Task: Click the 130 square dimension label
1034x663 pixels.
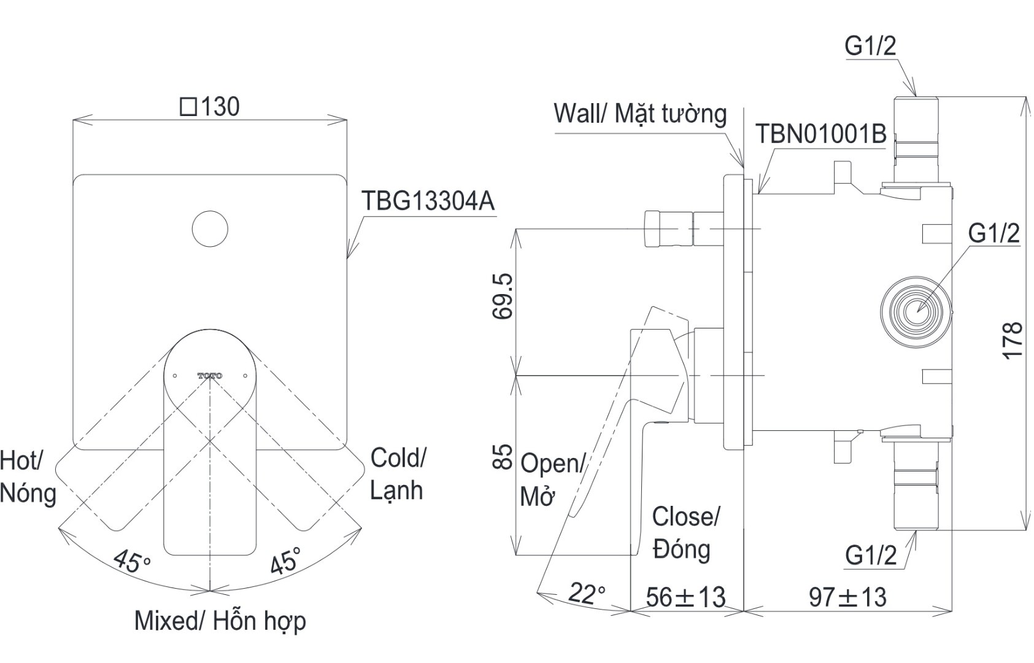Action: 210,107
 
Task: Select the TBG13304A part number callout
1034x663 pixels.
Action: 428,201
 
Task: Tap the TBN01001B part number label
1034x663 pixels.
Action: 820,134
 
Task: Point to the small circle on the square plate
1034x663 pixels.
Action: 210,229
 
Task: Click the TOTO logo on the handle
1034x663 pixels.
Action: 210,375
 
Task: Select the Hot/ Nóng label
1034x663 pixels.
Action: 28,476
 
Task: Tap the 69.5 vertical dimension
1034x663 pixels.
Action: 503,296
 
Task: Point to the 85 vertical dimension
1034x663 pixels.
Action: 503,457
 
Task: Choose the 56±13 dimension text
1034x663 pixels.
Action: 685,596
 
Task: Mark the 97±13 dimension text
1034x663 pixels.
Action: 847,596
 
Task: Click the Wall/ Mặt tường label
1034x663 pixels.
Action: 640,114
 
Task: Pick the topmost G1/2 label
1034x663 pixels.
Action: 870,47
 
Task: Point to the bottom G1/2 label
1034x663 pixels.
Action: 870,555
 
